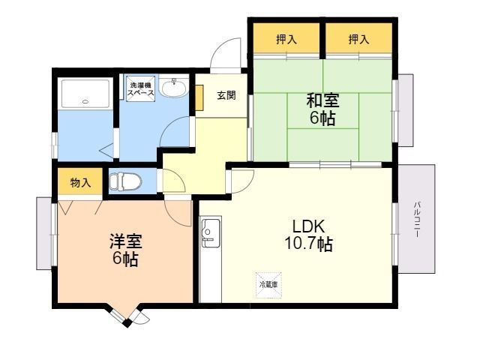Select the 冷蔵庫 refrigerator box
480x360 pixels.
(268, 284)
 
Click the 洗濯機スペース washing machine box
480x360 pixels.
(140, 87)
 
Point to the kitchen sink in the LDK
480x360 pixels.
(210, 233)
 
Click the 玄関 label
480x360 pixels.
(226, 95)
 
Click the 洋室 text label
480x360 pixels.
(125, 242)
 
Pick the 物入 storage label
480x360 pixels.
(80, 182)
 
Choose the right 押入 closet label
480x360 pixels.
(358, 39)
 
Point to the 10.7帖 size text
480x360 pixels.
(308, 244)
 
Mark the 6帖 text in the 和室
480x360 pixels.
(322, 118)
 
